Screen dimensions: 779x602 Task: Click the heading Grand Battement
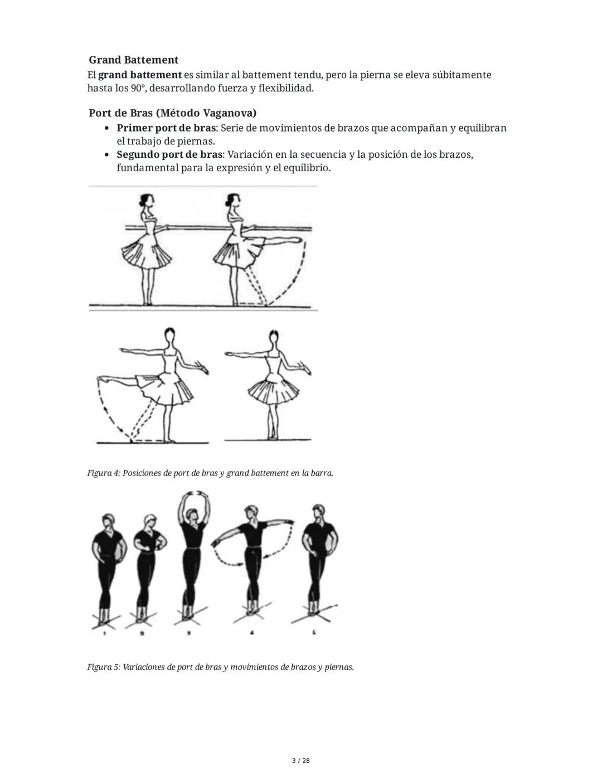point(133,60)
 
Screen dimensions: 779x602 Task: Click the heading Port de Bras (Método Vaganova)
point(172,113)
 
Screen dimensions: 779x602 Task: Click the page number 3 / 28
point(301,761)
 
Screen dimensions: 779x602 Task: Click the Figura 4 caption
point(210,473)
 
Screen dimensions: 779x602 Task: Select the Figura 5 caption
point(220,667)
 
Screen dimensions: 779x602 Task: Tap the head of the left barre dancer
point(147,200)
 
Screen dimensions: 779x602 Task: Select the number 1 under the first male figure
point(105,633)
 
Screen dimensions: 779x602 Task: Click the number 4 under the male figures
point(252,633)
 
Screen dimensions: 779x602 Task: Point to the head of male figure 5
point(319,512)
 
